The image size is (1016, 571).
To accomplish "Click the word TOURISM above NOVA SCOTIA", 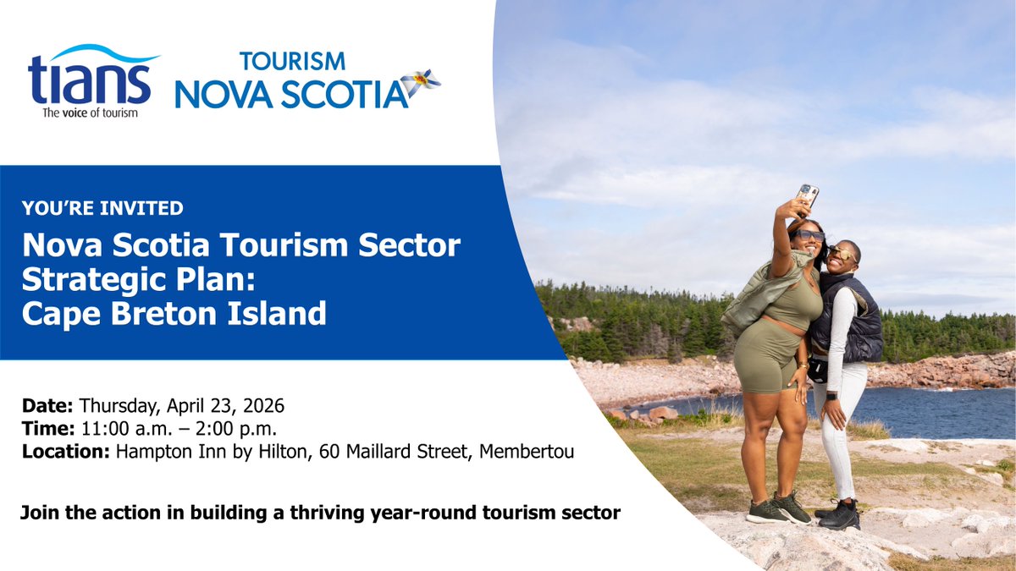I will coord(292,62).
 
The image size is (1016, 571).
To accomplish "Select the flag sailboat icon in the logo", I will coord(420,83).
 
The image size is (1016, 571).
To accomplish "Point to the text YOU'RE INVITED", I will coord(103,206).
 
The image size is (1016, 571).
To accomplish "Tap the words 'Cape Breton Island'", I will coord(174,314).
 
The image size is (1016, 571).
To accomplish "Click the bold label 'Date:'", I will coord(47,404).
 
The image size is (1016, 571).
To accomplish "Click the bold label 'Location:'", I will coord(65,452).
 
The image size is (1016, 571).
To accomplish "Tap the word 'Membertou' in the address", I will coord(527,452).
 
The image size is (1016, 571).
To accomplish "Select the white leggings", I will coord(838,431).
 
